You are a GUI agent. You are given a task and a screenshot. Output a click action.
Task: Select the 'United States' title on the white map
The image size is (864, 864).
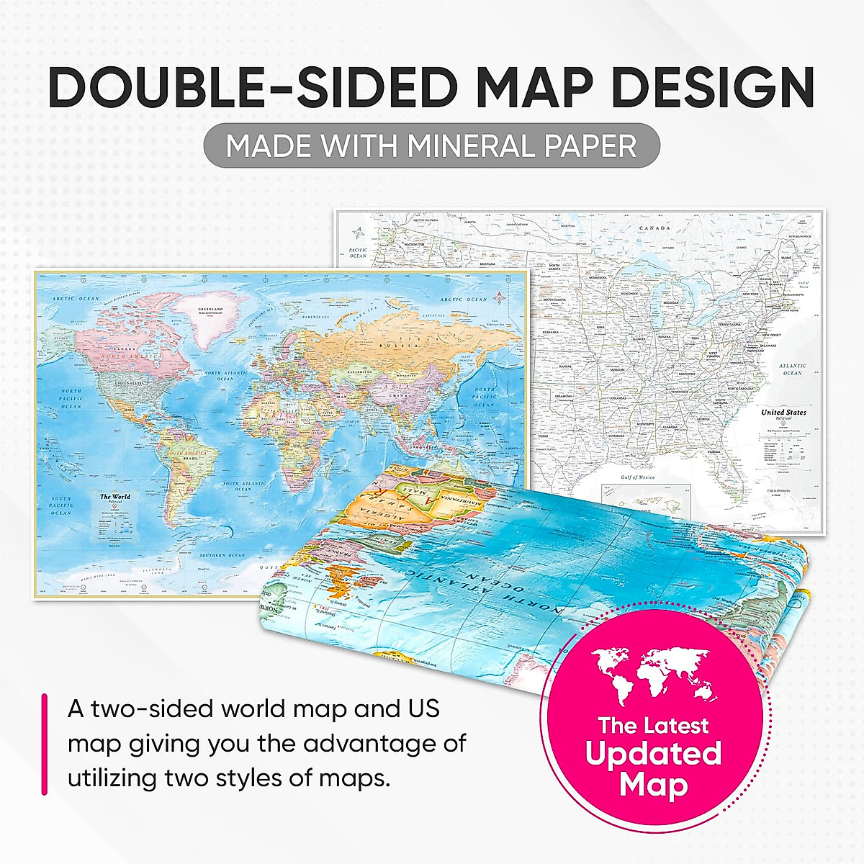point(784,413)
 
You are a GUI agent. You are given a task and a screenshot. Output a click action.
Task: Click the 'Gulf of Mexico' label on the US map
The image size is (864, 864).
point(617,477)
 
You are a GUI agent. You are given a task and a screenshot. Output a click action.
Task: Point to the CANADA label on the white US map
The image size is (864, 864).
point(654,228)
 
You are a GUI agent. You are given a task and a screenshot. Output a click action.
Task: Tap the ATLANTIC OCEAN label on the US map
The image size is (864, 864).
point(792,369)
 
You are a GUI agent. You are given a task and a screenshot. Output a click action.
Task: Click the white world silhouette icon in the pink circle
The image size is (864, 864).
point(654,673)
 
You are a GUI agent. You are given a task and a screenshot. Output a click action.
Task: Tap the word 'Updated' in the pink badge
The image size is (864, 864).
point(654,754)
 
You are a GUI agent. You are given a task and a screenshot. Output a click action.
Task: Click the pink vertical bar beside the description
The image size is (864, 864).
point(45,744)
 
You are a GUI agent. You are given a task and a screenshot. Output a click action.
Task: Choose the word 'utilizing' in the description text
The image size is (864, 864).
point(112,778)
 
